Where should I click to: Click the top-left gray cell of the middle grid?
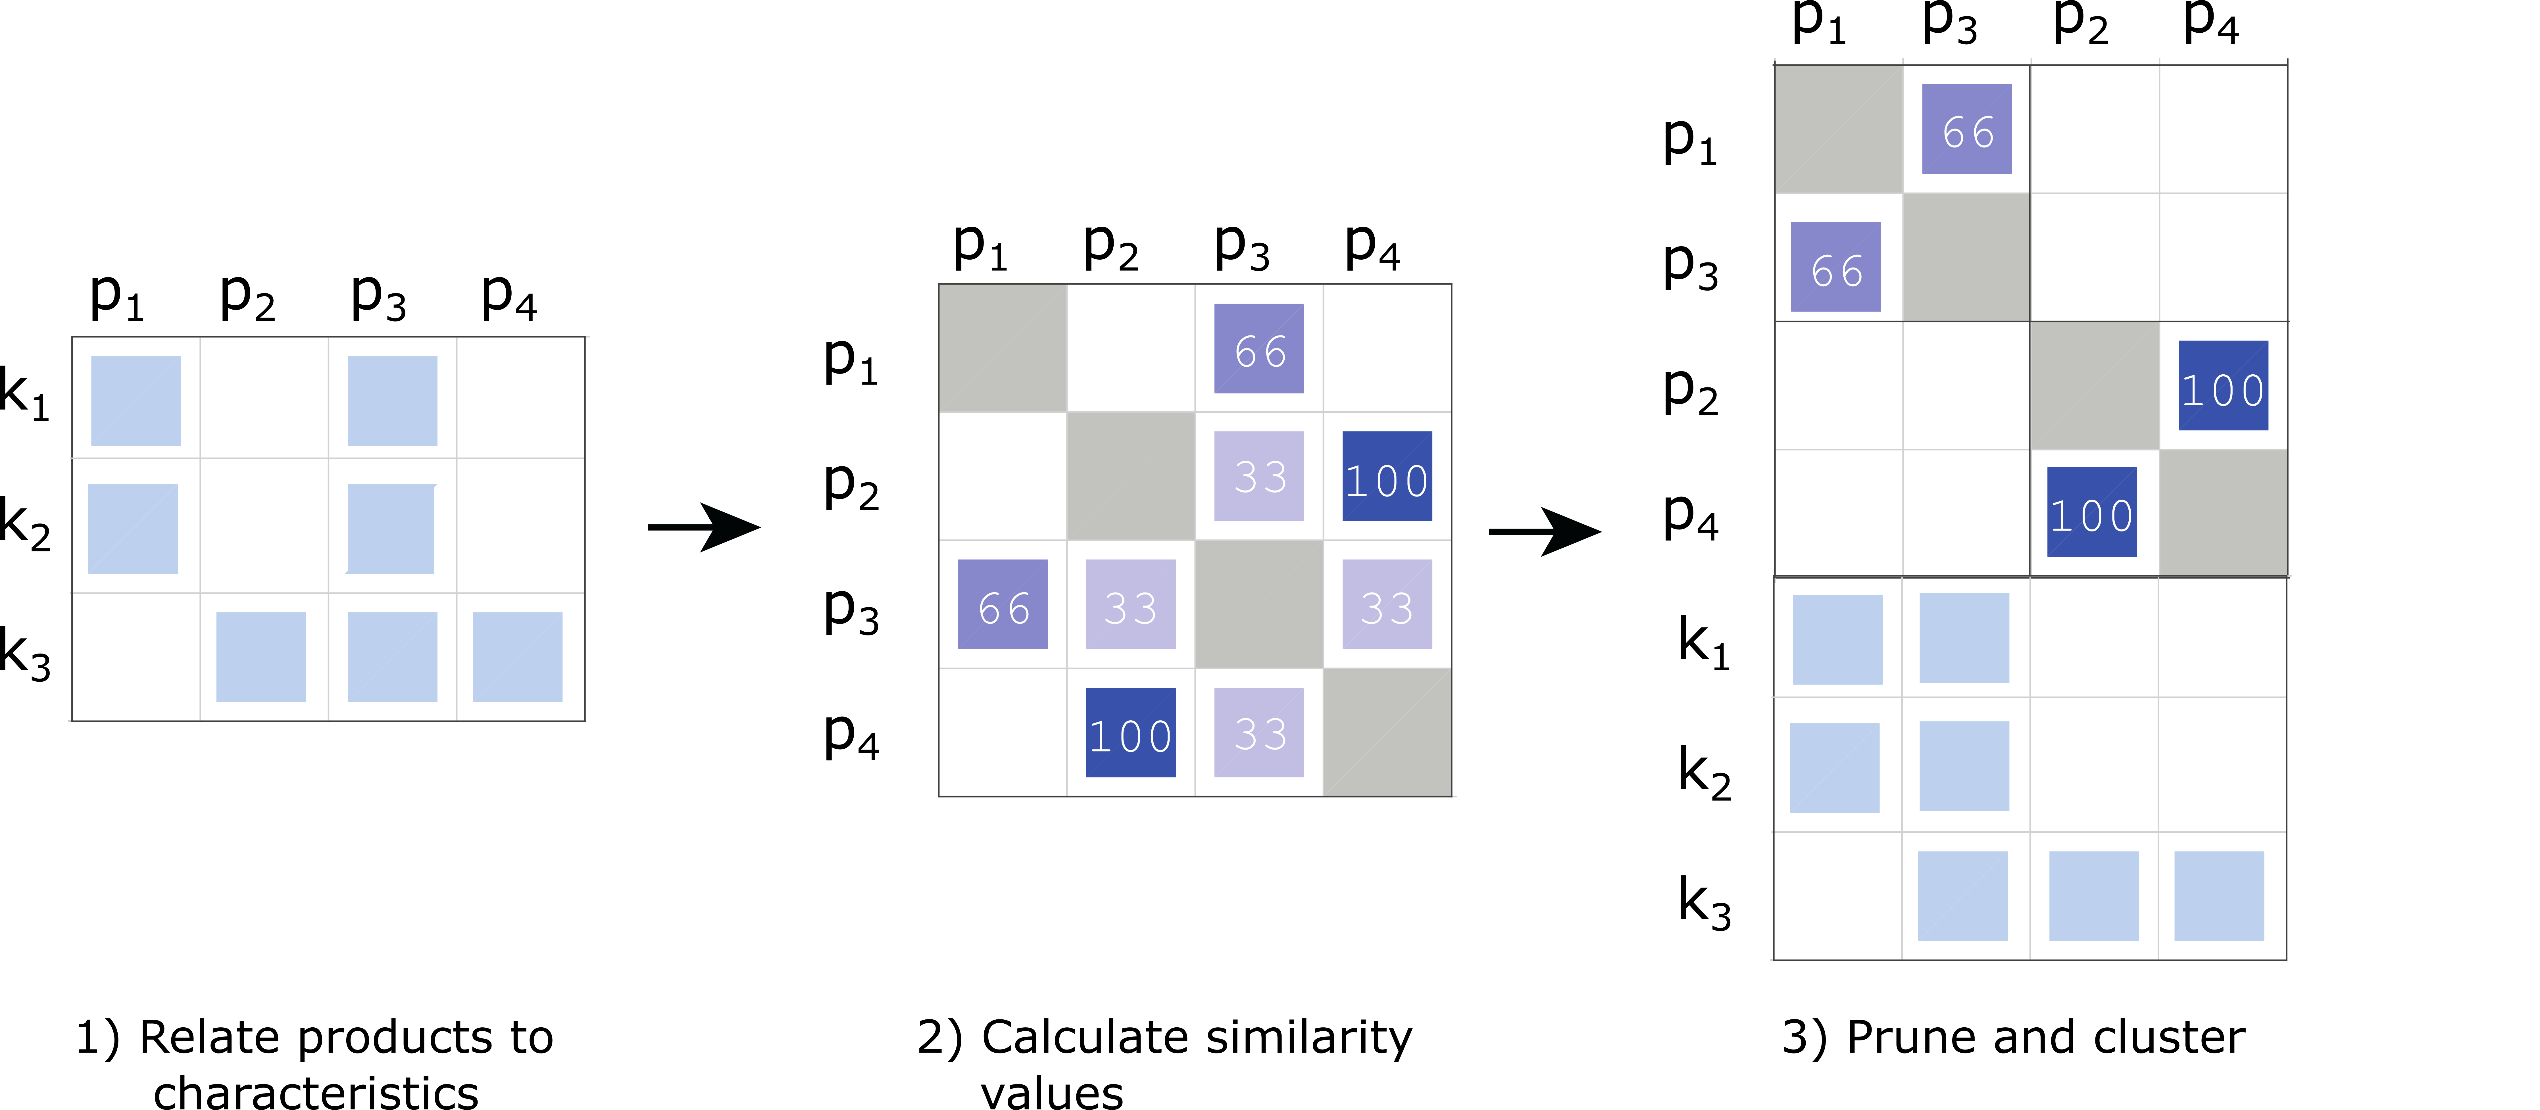[1003, 348]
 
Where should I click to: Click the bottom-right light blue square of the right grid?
[2218, 896]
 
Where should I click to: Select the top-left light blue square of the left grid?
[136, 400]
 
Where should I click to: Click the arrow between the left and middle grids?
[705, 528]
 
